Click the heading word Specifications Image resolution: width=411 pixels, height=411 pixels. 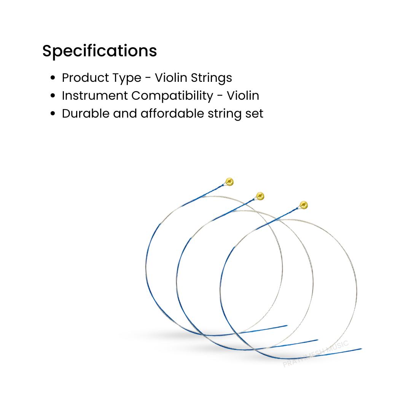(99, 51)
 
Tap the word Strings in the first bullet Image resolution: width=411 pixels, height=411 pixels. (211, 78)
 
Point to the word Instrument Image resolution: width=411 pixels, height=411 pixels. (95, 96)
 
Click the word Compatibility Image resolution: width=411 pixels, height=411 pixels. (172, 96)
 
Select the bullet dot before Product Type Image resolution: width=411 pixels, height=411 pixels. (53, 78)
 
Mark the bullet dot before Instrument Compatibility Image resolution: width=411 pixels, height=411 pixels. (53, 96)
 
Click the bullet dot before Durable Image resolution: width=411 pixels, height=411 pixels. (53, 114)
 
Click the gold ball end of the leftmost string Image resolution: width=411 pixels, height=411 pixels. (229, 182)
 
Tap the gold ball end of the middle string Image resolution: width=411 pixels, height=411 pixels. (260, 196)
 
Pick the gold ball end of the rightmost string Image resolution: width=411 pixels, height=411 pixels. (303, 205)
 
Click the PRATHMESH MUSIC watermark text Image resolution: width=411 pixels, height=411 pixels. (315, 354)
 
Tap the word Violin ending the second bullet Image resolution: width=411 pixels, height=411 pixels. (243, 96)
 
